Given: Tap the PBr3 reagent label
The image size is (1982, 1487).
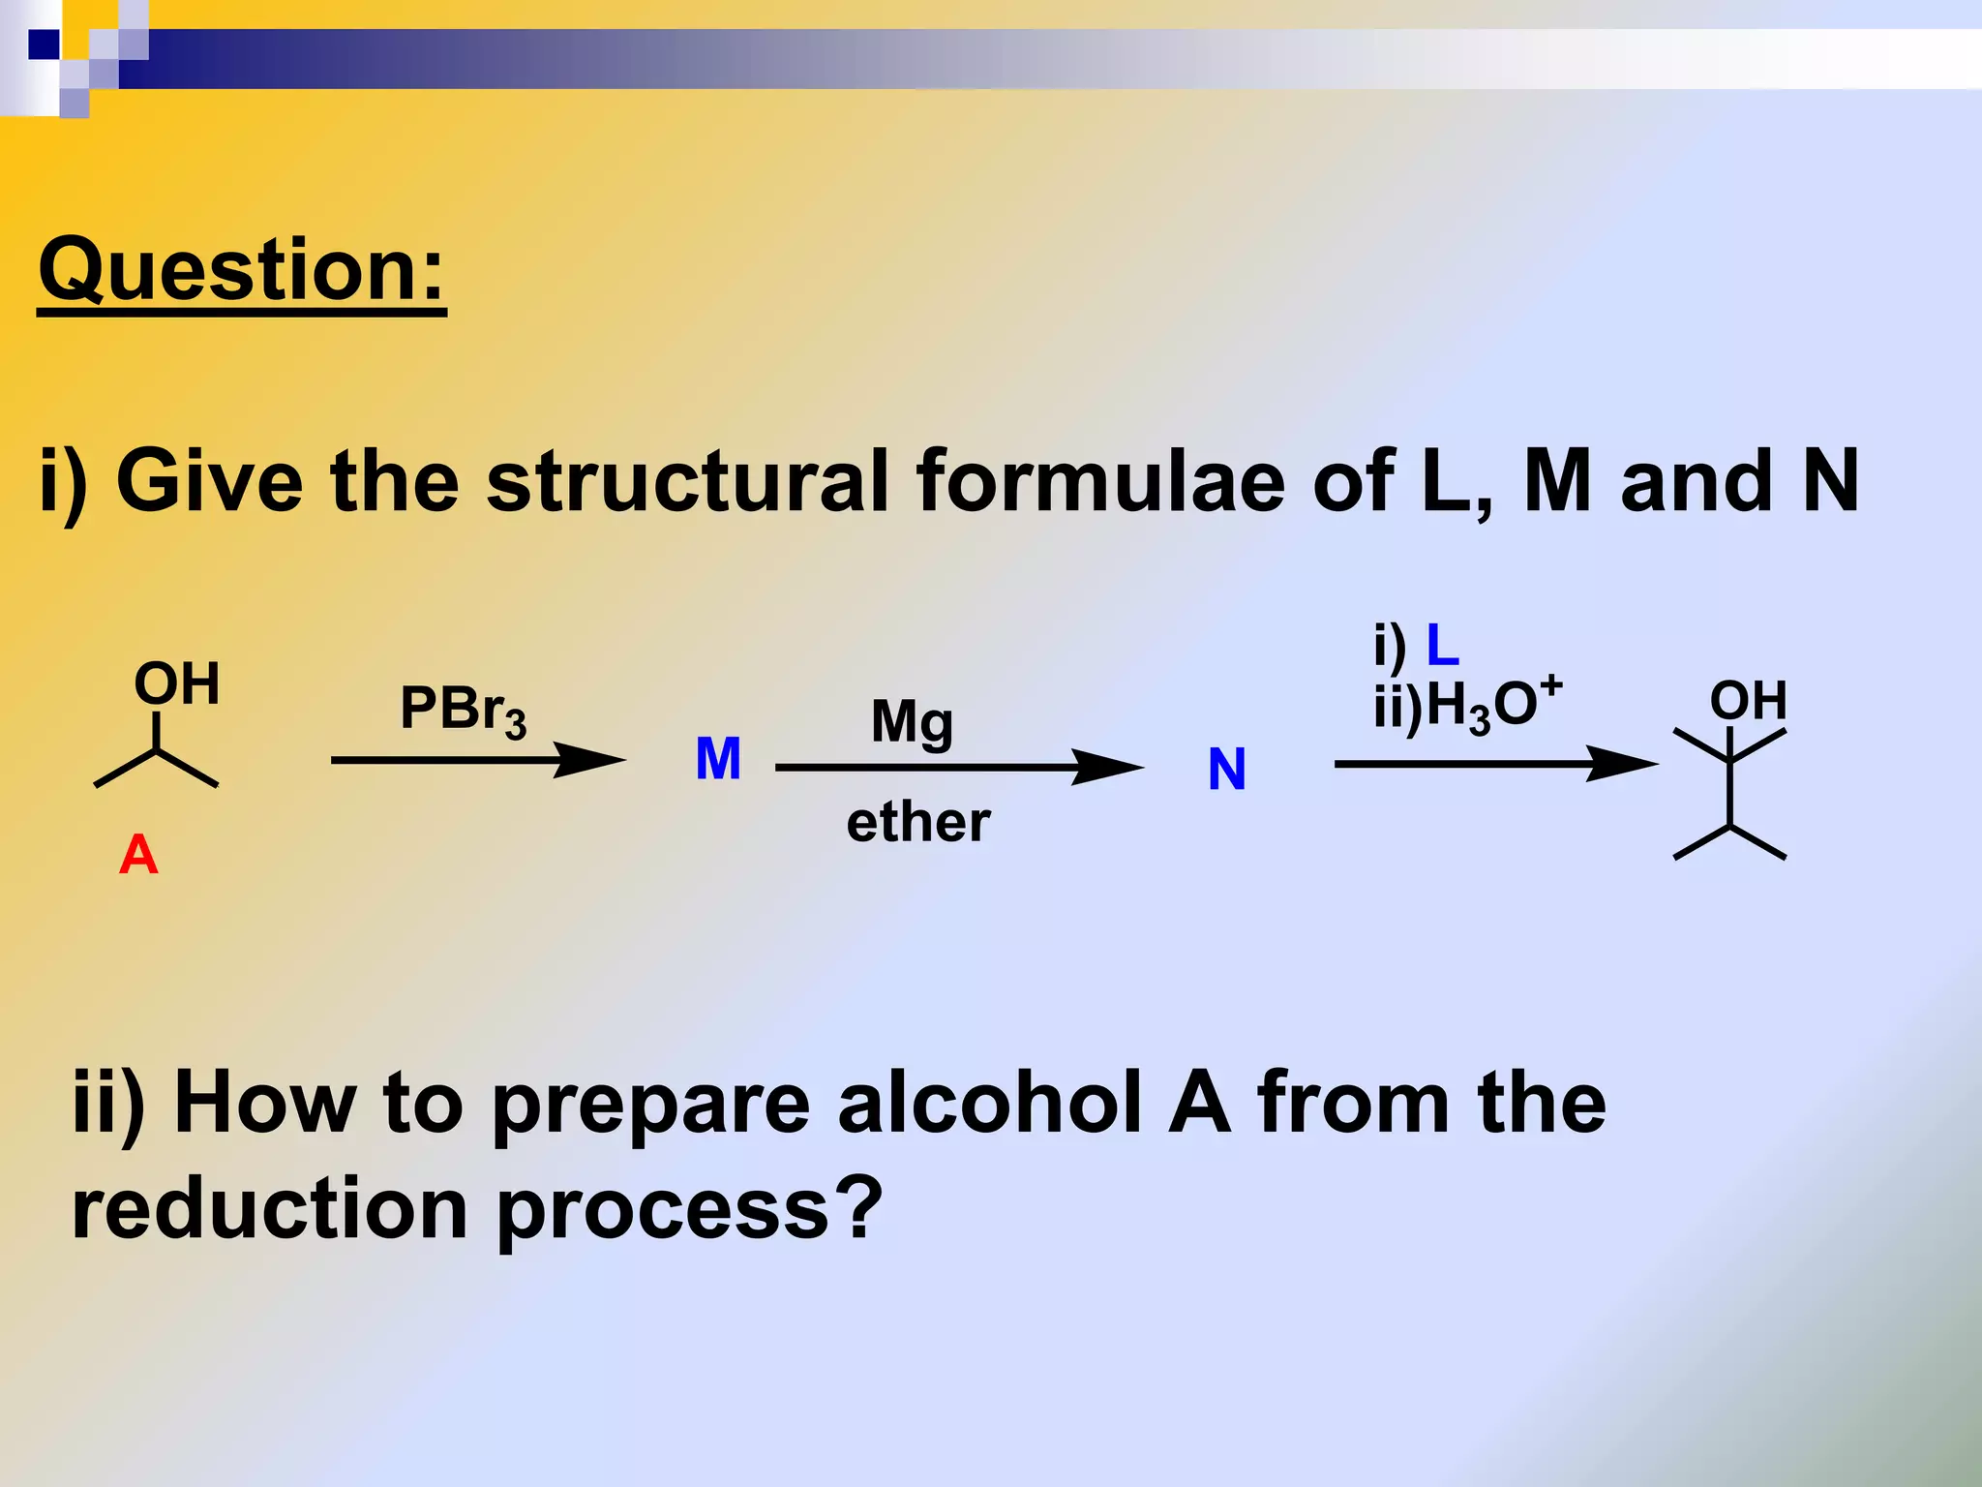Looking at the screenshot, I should coord(463,710).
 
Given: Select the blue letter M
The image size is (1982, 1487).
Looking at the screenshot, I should coord(718,759).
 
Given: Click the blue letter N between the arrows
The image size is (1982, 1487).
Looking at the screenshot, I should coord(1226,771).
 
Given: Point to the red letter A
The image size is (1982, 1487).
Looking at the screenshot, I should coord(138,856).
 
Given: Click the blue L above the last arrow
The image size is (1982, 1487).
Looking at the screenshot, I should coord(1442,646).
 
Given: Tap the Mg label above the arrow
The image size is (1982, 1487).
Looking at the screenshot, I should coord(912,722).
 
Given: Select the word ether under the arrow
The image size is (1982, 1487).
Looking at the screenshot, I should coord(917,823).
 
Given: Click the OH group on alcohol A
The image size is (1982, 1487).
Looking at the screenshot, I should coord(177,683).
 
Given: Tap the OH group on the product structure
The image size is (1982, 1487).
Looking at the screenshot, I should coord(1748,700).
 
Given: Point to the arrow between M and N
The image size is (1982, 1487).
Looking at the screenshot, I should coord(958,768).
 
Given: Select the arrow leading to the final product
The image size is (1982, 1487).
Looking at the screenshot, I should coord(1495,764).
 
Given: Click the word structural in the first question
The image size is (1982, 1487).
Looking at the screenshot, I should coord(686,481).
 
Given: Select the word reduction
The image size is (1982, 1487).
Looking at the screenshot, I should coord(270,1209).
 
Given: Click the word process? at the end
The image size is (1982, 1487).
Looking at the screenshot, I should coord(689,1209).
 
